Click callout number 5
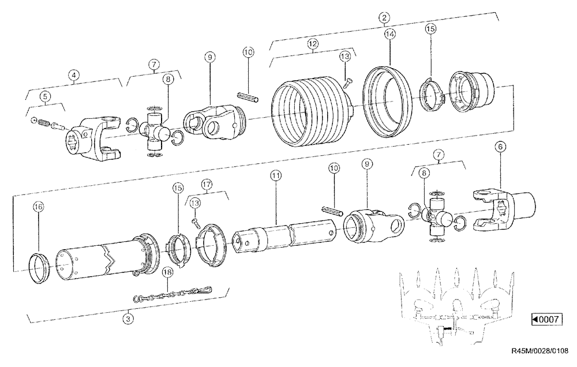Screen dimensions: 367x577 coord(44,97)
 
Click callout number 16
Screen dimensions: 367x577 coord(39,205)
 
